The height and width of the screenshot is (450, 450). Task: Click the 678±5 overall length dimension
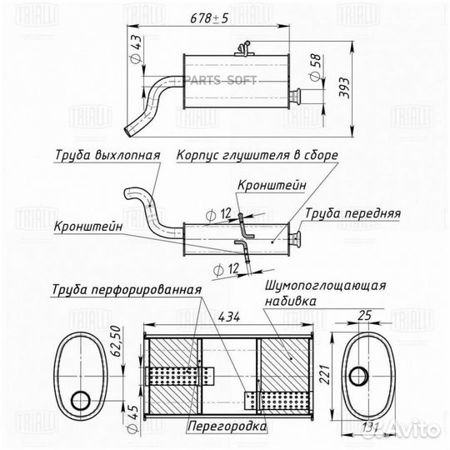(209, 18)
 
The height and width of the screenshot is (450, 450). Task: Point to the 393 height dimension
(344, 87)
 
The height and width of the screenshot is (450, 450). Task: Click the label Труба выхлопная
(107, 155)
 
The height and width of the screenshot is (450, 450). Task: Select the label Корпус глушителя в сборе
(257, 155)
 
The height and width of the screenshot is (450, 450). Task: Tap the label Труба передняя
(352, 213)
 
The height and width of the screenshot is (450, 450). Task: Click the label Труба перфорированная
(127, 289)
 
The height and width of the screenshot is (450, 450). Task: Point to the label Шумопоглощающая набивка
(325, 293)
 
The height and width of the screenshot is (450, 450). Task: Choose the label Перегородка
(227, 426)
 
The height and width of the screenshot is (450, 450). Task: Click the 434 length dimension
(229, 317)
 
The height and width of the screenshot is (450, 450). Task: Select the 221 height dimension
(325, 374)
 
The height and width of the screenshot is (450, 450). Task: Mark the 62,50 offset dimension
(117, 341)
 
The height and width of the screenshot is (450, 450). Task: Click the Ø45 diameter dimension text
(132, 418)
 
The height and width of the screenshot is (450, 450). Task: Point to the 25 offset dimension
(364, 316)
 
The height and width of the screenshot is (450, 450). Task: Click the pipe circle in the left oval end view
(81, 401)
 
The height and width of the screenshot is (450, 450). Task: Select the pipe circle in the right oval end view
(358, 376)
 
